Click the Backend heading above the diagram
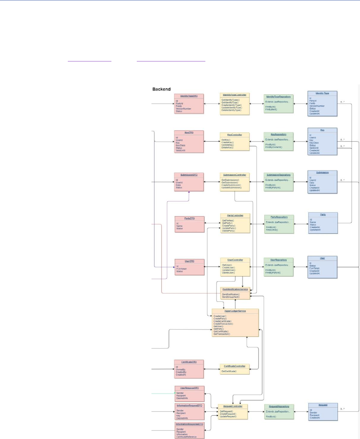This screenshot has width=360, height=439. click(x=162, y=90)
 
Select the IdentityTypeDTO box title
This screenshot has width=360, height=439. click(x=189, y=96)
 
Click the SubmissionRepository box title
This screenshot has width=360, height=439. click(x=279, y=174)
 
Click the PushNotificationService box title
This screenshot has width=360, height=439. click(x=235, y=289)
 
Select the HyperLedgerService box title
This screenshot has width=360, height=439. click(x=235, y=311)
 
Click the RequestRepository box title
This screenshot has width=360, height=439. click(x=279, y=406)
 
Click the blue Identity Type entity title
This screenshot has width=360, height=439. click(x=322, y=93)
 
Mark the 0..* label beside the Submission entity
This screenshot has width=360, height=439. click(x=343, y=180)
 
